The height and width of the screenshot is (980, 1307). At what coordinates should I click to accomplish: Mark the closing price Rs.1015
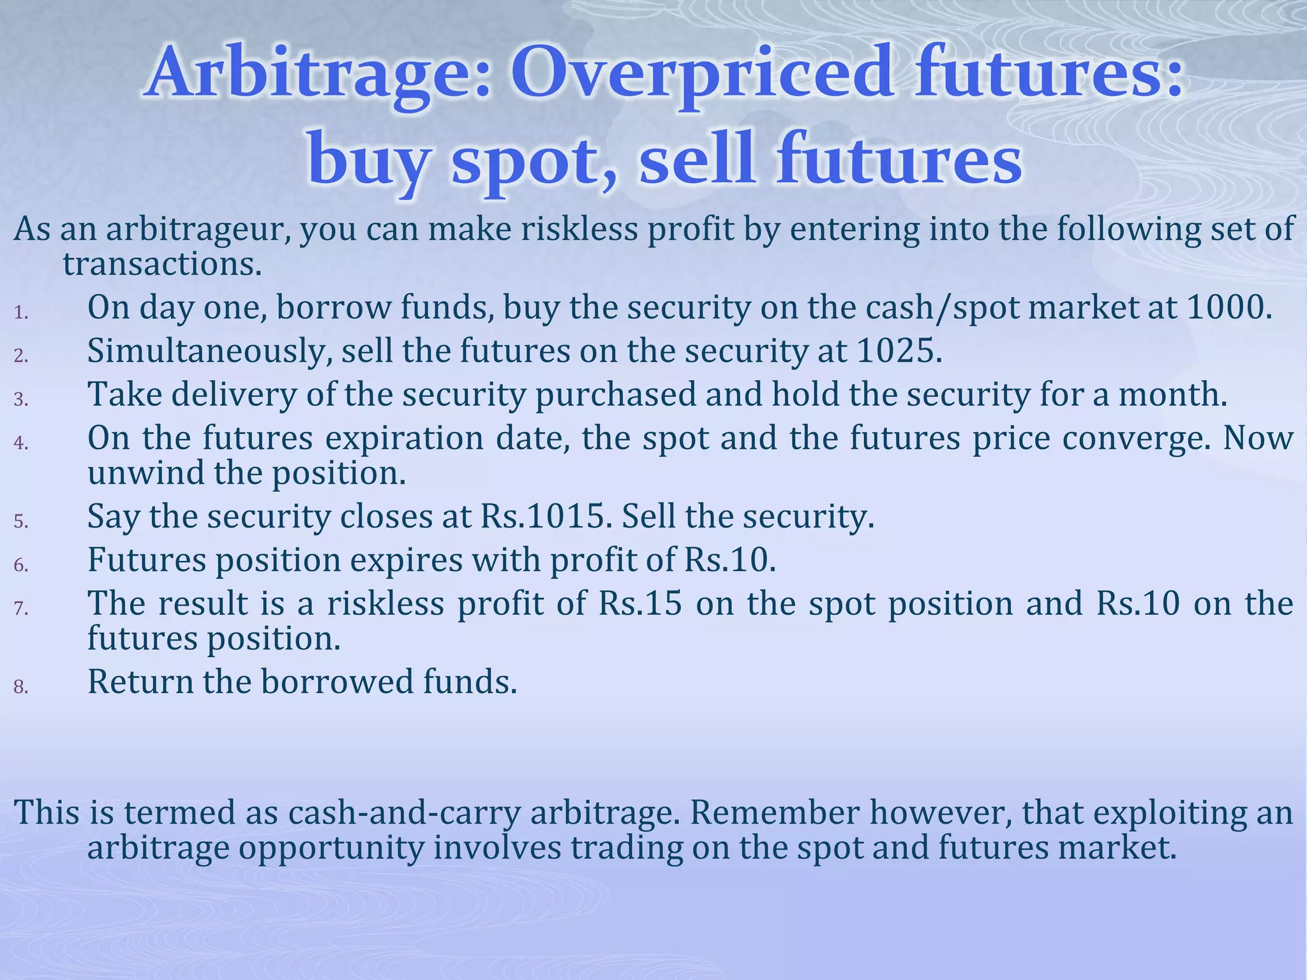coord(542,516)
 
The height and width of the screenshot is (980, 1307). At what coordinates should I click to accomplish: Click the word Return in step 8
coord(140,681)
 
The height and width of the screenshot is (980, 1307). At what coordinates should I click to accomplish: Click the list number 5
coord(21,522)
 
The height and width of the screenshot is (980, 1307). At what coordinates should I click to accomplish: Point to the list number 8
coord(21,687)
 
